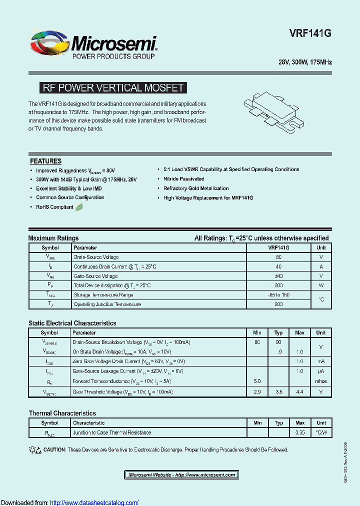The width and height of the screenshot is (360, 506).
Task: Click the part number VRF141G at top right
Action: coord(310,33)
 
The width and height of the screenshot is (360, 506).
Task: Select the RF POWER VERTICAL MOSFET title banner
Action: coord(112,88)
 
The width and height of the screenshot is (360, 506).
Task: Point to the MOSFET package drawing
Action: coord(275,113)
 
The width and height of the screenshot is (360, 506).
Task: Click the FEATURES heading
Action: coord(45,161)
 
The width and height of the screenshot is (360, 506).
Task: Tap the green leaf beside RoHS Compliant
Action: coord(79,207)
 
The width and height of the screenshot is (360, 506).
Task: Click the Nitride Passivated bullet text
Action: coord(183,178)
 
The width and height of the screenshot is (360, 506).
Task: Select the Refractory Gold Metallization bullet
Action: coord(196,188)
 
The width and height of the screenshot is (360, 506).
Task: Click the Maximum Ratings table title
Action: coord(53,238)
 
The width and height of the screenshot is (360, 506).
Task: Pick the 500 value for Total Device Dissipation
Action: coord(278,285)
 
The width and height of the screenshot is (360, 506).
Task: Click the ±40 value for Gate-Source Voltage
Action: coord(278,276)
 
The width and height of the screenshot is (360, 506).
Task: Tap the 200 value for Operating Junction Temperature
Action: coord(278,304)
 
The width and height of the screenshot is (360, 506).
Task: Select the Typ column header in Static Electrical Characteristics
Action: coord(278,332)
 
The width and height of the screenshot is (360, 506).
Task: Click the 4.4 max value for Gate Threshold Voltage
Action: coord(299,392)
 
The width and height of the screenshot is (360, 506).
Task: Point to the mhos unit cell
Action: coord(321,381)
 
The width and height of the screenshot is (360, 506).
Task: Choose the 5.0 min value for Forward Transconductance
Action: coord(257,381)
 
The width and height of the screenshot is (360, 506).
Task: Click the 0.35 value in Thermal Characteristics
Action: coord(299,432)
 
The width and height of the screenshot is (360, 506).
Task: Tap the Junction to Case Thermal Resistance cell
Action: coord(112,432)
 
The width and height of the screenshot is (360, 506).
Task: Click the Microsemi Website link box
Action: coord(181,474)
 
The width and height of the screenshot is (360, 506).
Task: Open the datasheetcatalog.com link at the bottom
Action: coord(94,502)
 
